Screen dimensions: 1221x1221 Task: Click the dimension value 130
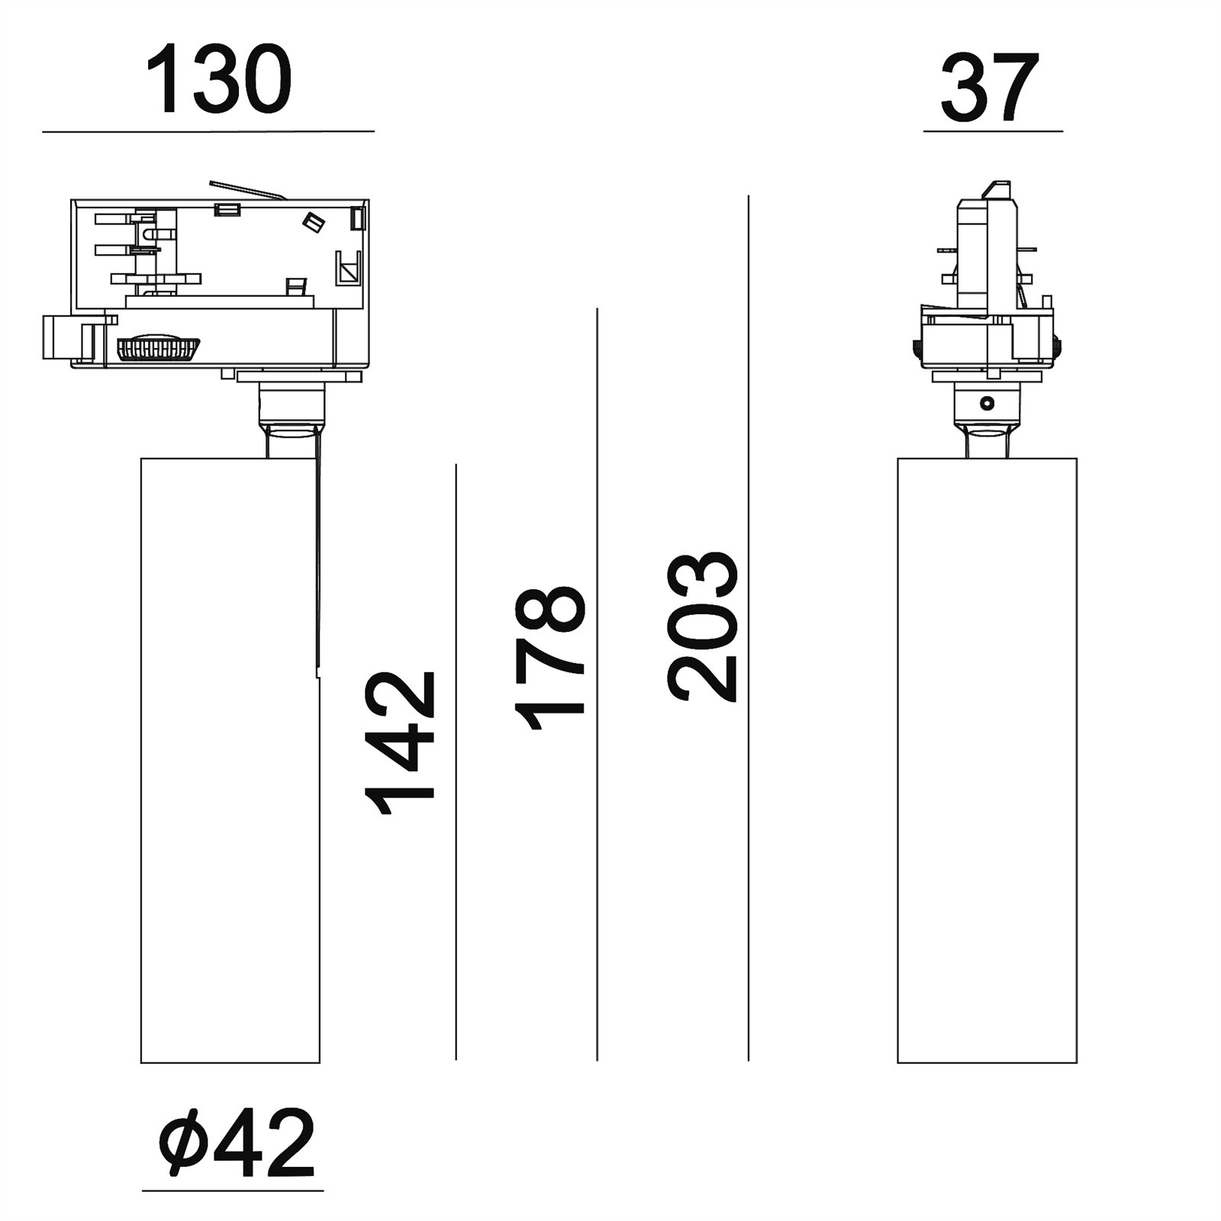point(218,79)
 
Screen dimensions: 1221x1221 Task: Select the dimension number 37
point(991,88)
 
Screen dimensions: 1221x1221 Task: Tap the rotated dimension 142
point(401,743)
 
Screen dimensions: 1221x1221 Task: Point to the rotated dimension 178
point(549,658)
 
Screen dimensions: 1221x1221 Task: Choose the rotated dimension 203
point(702,626)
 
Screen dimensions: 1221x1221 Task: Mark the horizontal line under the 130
point(208,132)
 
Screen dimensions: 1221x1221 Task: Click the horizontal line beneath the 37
point(993,131)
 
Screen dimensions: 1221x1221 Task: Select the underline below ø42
point(233,1190)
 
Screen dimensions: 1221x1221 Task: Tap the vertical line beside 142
point(456,762)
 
